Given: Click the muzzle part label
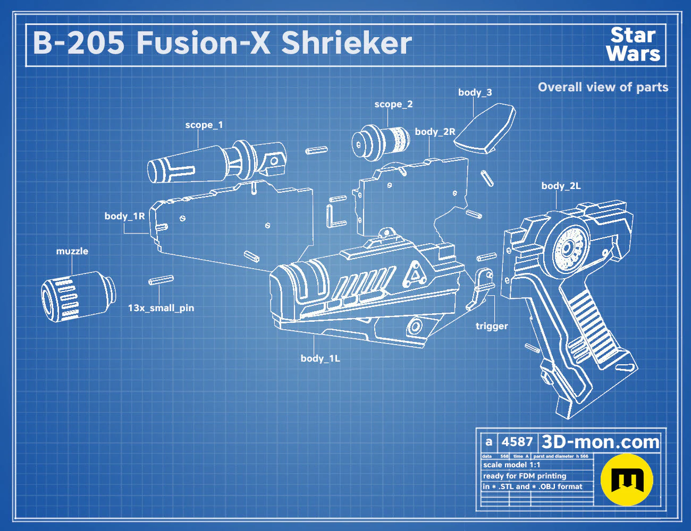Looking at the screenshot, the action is coord(72,251).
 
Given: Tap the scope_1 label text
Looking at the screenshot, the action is coord(204,125).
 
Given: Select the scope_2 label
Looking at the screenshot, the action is coord(393,104).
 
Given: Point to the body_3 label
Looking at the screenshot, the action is coord(475,92).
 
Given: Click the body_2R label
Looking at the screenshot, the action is coord(435,132).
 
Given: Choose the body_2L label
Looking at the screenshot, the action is coord(561,186).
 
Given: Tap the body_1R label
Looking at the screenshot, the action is coord(125,216).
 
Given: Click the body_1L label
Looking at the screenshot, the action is coord(321,358).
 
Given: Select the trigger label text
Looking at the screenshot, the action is coord(492,326).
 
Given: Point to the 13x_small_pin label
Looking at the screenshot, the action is coord(161,308).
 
